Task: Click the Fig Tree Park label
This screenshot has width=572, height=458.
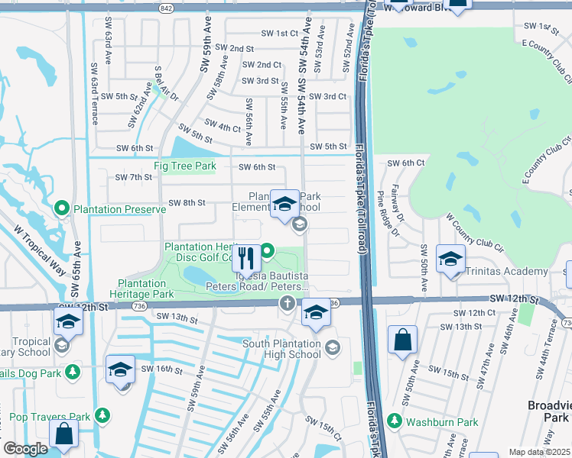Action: pyautogui.click(x=184, y=166)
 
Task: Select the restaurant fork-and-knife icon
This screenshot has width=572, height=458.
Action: pyautogui.click(x=246, y=257)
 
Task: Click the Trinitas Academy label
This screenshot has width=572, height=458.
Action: pyautogui.click(x=510, y=271)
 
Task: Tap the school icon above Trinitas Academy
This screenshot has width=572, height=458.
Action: pyautogui.click(x=450, y=258)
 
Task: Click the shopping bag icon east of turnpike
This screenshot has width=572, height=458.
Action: pyautogui.click(x=402, y=340)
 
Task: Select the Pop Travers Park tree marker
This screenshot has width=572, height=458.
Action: pyautogui.click(x=101, y=416)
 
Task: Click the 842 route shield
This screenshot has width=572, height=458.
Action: pyautogui.click(x=166, y=7)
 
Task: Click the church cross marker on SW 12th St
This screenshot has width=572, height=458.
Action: pyautogui.click(x=288, y=305)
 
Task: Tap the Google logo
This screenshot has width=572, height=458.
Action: pyautogui.click(x=25, y=449)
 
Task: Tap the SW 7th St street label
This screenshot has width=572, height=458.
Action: pyautogui.click(x=134, y=177)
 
